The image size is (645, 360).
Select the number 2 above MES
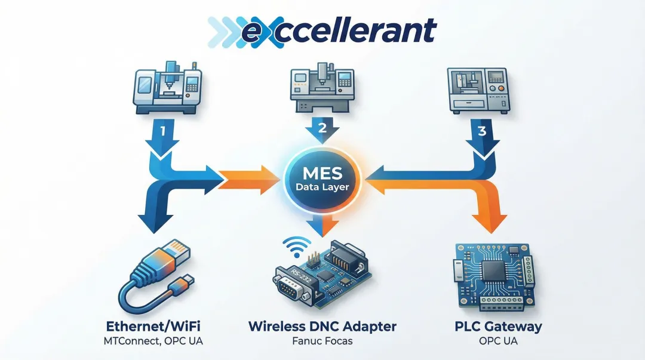pyautogui.click(x=322, y=127)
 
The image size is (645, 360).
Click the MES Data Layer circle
pyautogui.click(x=322, y=180)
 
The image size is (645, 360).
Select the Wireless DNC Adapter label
pyautogui.click(x=322, y=327)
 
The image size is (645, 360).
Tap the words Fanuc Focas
pyautogui.click(x=322, y=341)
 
